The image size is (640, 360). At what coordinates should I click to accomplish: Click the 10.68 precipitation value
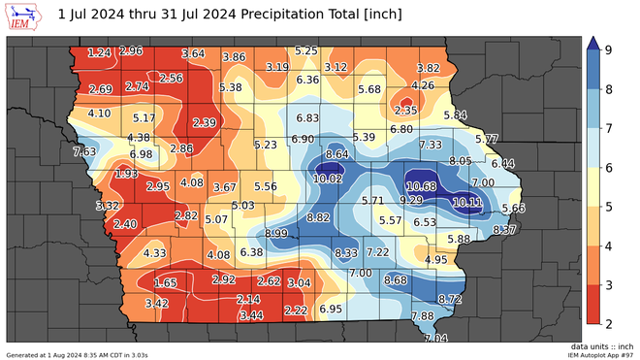tap(421, 186)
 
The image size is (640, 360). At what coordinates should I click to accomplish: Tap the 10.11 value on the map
tap(467, 202)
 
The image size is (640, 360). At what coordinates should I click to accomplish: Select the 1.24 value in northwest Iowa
tap(98, 52)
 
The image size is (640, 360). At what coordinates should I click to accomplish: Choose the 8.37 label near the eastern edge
tap(504, 230)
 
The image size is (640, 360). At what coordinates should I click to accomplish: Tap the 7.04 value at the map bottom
tap(435, 339)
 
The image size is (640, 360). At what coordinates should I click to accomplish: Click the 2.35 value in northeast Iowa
tap(405, 111)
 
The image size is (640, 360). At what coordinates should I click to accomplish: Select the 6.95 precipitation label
tap(331, 309)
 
